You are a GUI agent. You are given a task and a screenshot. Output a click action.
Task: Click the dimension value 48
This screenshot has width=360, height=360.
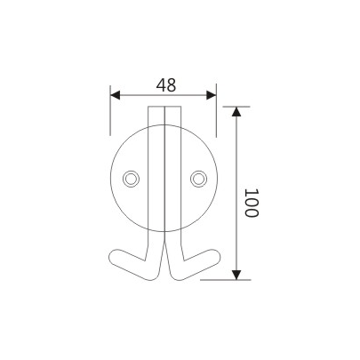(164, 85)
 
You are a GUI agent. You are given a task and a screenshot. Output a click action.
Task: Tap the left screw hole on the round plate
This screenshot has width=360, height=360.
(132, 179)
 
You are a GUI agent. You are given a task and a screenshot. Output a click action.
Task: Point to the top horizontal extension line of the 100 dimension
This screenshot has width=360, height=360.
(222, 107)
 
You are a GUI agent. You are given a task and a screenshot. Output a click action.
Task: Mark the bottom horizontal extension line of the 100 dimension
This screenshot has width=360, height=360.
(222, 278)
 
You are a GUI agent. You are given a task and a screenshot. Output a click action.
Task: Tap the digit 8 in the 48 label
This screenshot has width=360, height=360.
(170, 85)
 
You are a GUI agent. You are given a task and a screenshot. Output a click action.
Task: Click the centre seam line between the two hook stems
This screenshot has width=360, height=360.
(164, 178)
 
